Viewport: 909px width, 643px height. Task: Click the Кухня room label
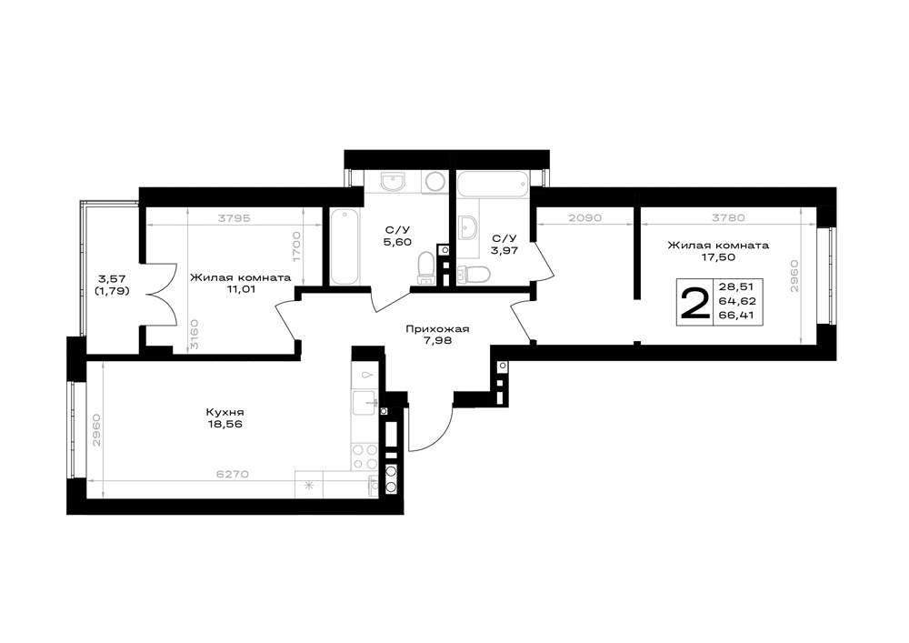click(224, 412)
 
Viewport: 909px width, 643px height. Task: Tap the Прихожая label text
click(437, 329)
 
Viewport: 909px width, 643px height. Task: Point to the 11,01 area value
click(241, 288)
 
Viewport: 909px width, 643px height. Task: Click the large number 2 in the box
click(694, 303)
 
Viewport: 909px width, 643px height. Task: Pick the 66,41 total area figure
click(737, 316)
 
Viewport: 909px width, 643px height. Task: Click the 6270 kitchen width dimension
click(233, 474)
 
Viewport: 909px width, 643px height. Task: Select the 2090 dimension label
click(584, 218)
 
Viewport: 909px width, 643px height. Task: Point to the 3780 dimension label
click(727, 218)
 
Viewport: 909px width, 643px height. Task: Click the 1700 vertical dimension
click(296, 247)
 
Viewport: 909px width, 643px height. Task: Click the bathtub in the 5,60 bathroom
click(345, 246)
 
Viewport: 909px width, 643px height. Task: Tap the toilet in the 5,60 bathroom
click(426, 267)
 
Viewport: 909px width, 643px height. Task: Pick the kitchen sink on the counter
click(365, 403)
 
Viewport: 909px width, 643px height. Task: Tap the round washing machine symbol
click(434, 182)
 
